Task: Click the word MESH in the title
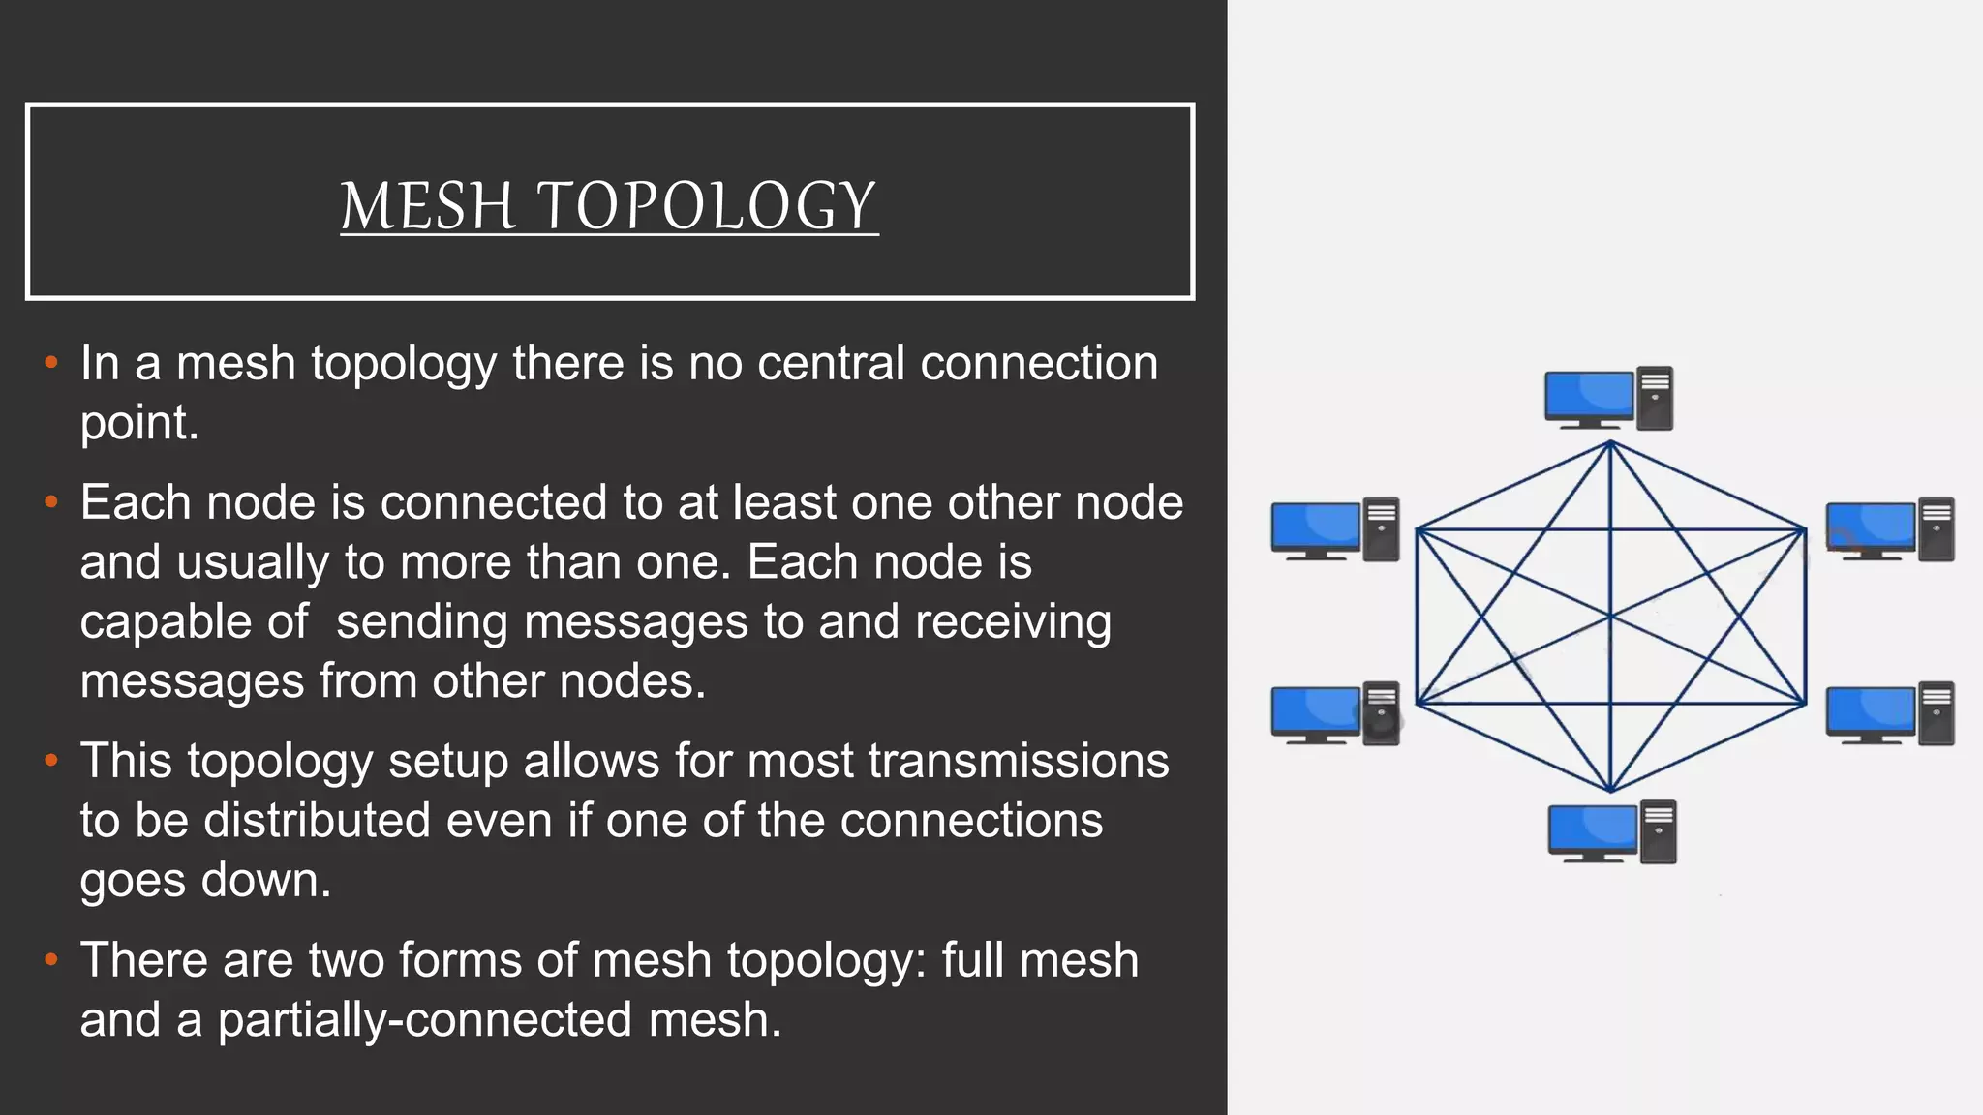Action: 427,206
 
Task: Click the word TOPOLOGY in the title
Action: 706,206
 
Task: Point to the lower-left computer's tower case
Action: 1382,713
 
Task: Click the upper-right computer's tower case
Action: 1937,529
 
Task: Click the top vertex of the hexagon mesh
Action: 1610,443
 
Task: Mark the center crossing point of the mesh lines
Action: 1610,617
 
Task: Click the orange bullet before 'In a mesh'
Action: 51,364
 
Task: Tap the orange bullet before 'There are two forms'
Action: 51,961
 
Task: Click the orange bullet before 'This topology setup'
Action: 51,762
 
